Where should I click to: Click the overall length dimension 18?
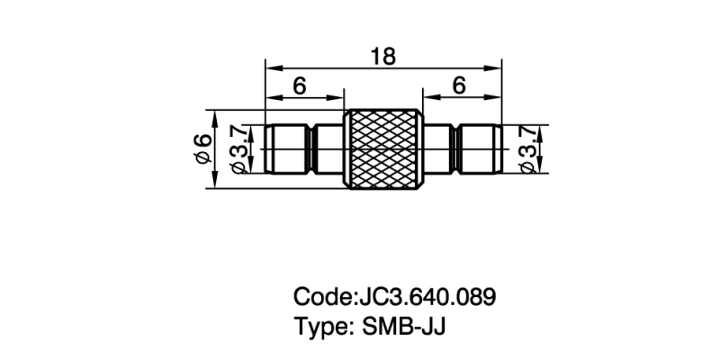click(x=382, y=57)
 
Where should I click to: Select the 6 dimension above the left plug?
click(x=300, y=86)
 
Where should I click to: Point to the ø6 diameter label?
click(x=203, y=149)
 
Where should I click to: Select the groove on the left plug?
click(x=310, y=149)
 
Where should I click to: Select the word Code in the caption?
click(x=319, y=296)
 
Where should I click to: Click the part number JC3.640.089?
click(x=427, y=296)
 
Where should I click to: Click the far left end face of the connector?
click(x=266, y=149)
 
